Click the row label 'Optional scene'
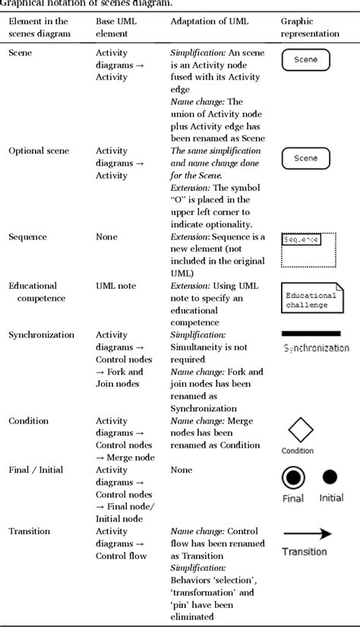click(38, 151)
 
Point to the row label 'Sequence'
click(27, 237)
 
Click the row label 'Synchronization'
click(41, 335)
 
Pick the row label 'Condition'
click(28, 421)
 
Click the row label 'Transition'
click(30, 531)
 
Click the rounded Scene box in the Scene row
click(305, 60)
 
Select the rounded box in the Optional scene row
click(305, 158)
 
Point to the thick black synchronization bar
click(311, 333)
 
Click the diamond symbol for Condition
click(299, 430)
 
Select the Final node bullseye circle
click(293, 477)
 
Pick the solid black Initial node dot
click(330, 477)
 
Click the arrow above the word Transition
click(307, 534)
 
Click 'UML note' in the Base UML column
click(116, 286)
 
